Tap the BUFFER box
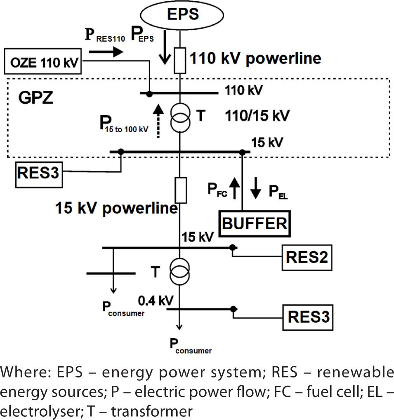coord(254,223)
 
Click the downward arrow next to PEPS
coord(165,52)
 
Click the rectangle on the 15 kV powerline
coord(180,189)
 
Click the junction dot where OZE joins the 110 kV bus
coord(149,94)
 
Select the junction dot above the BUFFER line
coord(242,152)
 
